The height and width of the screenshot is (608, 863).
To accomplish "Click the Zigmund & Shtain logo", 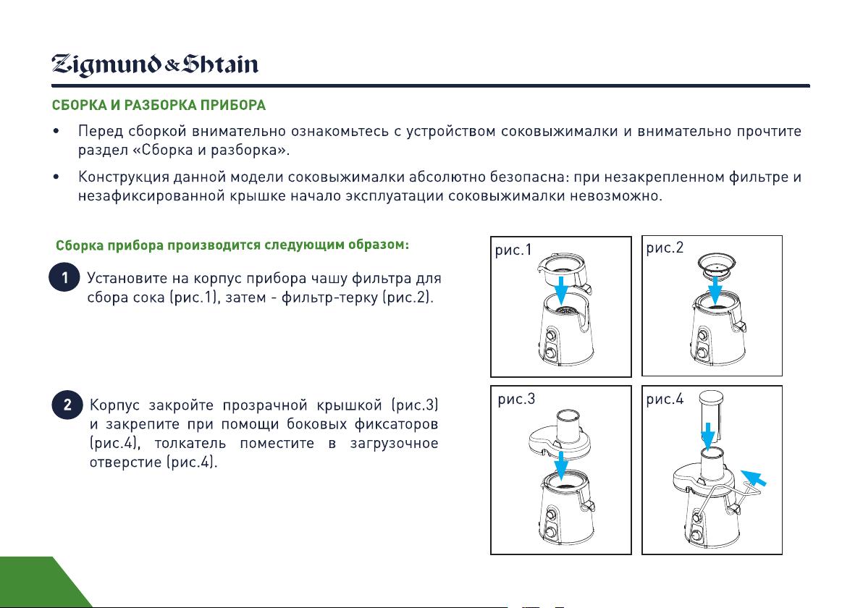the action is [155, 65].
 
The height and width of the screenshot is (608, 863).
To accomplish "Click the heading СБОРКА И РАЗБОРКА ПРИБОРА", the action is [159, 105].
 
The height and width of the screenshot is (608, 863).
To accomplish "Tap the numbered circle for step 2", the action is [67, 405].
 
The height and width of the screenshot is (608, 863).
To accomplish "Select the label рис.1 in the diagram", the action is [513, 250].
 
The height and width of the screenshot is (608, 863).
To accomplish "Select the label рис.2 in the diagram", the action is [665, 248].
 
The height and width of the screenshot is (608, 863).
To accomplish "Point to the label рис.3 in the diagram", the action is [516, 399].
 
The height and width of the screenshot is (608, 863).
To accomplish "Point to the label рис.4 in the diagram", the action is [665, 399].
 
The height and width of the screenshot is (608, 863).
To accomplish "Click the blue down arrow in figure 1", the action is [561, 290].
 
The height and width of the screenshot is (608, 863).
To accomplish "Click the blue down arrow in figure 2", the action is [715, 290].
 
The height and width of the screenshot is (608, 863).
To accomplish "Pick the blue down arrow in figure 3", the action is [561, 465].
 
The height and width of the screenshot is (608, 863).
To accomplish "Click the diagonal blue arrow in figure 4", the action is [753, 478].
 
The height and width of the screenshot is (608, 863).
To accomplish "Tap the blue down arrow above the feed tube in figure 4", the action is [708, 436].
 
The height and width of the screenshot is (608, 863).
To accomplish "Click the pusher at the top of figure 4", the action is [711, 415].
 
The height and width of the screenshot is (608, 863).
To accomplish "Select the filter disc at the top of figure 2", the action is [716, 265].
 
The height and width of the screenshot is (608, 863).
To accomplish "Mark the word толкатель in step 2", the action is [190, 444].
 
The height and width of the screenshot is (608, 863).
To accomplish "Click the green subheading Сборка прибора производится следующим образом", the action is [232, 245].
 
